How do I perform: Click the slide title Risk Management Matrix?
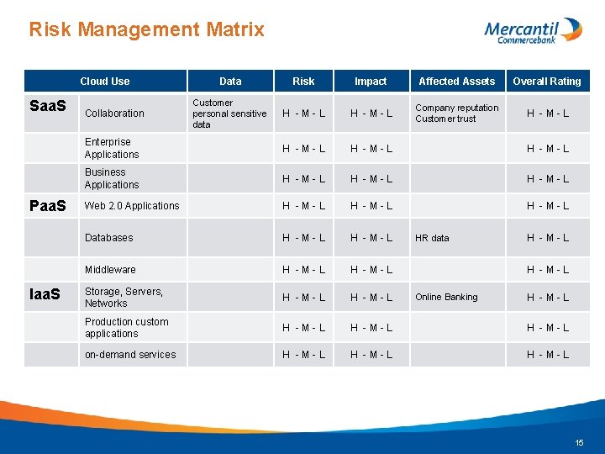[146, 30]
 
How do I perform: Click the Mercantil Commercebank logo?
[533, 30]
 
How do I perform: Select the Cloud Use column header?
[105, 82]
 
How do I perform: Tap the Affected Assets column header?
[456, 82]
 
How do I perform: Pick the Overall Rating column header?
[547, 82]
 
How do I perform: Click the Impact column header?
[371, 82]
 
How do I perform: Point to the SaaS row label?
[48, 106]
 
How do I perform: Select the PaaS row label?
[48, 205]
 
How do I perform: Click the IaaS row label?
[45, 295]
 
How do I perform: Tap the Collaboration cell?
[114, 113]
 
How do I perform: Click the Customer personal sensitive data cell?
[229, 113]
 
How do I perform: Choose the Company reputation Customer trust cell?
[456, 113]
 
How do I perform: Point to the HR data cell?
[432, 238]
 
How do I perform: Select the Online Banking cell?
[446, 297]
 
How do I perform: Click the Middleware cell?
[110, 270]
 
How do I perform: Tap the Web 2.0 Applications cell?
[132, 206]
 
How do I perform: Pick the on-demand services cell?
[130, 355]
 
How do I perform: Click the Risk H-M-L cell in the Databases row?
[303, 238]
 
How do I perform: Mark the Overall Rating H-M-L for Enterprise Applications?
[547, 149]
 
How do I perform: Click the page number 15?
[579, 442]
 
